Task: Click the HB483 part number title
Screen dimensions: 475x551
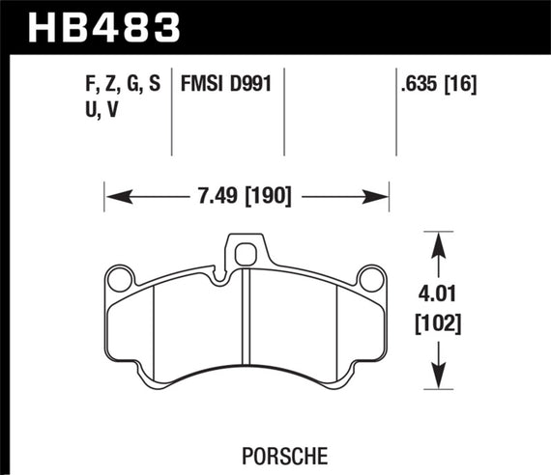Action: [x=106, y=26]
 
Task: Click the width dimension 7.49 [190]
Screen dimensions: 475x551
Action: [x=246, y=196]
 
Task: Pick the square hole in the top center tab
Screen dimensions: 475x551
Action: [x=246, y=254]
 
